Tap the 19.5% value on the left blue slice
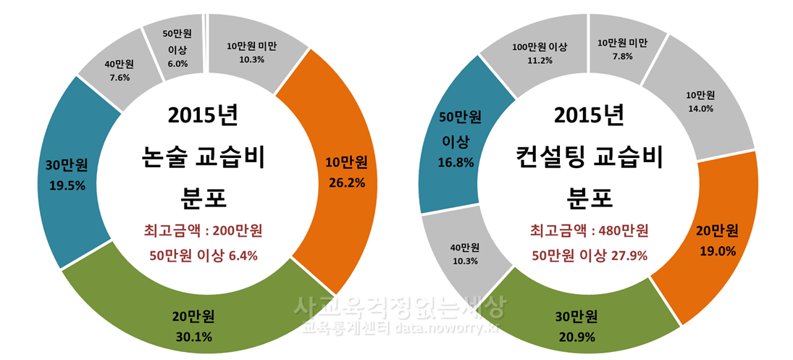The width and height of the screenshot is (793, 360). coord(67,185)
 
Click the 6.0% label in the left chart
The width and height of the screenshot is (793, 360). coord(177,64)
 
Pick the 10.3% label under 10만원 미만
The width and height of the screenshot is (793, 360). coord(251,59)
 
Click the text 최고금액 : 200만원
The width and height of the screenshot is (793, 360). coord(203,231)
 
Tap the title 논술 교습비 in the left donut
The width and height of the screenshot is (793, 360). coord(203,156)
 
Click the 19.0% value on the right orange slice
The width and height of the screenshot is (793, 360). coord(716,251)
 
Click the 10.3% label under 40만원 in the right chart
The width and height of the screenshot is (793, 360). coord(464,261)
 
